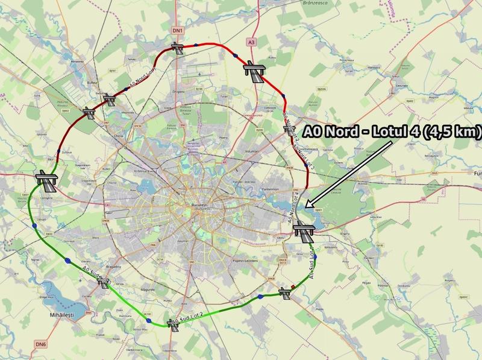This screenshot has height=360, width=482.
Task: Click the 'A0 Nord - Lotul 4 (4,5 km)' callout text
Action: point(391,130)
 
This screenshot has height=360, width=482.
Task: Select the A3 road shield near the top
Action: point(251,42)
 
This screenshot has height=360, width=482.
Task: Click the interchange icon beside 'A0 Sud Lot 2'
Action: point(174,326)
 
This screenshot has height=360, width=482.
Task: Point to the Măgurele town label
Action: point(148,289)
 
